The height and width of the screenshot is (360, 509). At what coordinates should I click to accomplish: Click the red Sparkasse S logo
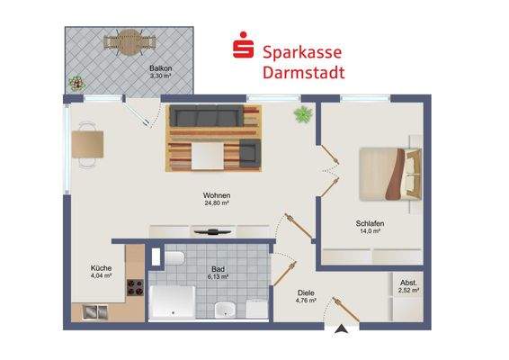coord(242,46)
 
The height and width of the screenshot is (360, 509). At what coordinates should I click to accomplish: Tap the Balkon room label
coord(161,70)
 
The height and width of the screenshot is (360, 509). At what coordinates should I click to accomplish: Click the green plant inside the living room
coord(302,113)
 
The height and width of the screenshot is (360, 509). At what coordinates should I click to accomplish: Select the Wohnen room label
coord(216,197)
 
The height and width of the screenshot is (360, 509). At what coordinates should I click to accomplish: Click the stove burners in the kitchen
coord(137,288)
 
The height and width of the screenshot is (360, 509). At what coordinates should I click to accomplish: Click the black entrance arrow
coord(340,332)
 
